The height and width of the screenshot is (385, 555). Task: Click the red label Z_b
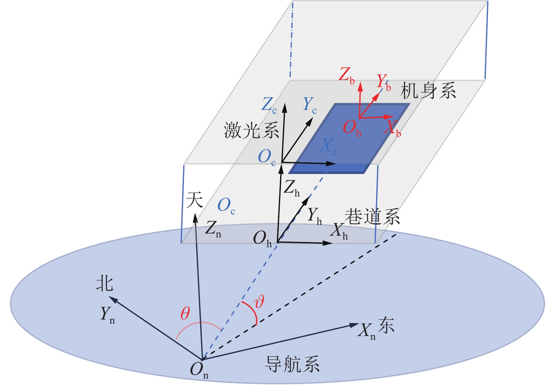point(346,75)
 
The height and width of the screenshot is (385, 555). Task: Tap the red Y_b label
point(383,82)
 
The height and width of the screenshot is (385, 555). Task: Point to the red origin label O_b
point(352,128)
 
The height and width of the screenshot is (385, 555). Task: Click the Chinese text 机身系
point(428,91)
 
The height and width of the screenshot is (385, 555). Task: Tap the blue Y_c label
point(309,105)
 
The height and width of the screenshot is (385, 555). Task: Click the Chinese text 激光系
point(251,131)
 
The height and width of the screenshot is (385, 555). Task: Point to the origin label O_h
point(262,239)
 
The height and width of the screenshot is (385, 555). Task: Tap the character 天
point(195,200)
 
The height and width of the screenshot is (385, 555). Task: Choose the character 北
point(105,284)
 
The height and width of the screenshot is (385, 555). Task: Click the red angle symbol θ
point(185,313)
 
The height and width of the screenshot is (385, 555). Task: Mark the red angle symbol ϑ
point(259,302)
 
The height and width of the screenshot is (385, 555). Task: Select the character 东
point(386,325)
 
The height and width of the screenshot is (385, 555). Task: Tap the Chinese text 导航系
point(292,364)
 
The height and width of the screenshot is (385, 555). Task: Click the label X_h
point(339,231)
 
